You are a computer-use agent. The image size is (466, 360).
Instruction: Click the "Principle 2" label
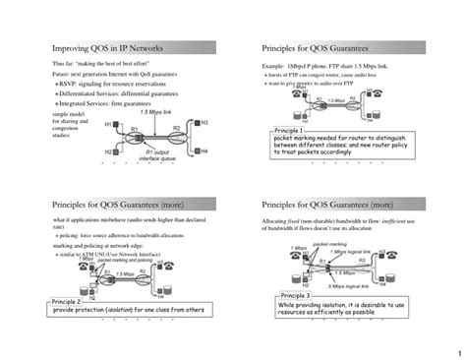pos(66,301)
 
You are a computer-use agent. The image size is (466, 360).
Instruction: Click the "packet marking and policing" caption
pos(111,260)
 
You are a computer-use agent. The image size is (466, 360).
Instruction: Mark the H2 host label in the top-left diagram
pos(108,152)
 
